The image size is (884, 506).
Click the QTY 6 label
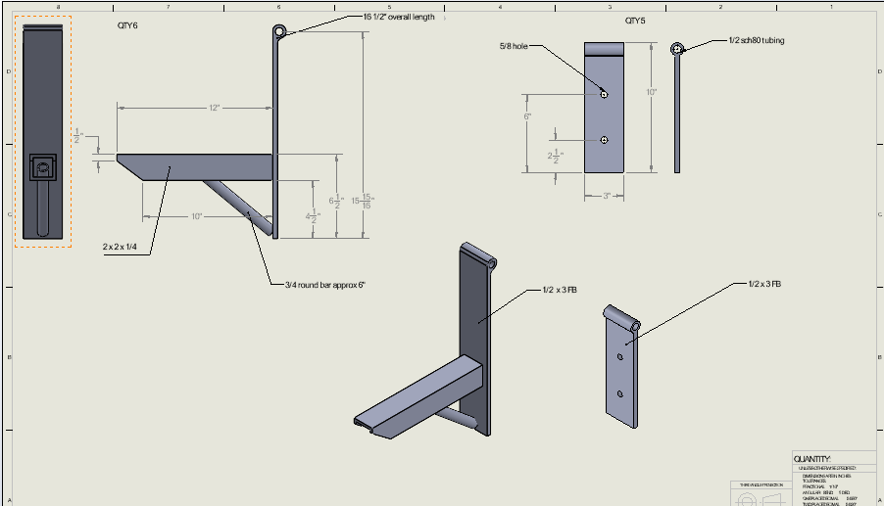[x=127, y=25]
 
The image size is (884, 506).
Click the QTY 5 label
[x=635, y=21]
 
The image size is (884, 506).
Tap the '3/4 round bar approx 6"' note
[x=324, y=285]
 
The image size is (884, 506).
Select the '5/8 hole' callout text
[x=513, y=46]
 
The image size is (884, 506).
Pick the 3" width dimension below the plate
[x=607, y=196]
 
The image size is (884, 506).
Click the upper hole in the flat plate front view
[x=605, y=94]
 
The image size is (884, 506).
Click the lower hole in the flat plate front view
[x=605, y=140]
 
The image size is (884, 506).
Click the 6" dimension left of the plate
[x=528, y=116]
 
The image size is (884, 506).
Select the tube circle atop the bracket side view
[x=280, y=32]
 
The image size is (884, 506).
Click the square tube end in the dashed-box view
[x=43, y=168]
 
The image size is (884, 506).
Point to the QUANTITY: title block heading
[x=812, y=459]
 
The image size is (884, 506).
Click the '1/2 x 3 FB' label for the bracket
[x=559, y=290]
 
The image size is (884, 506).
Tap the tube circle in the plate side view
[x=676, y=48]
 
